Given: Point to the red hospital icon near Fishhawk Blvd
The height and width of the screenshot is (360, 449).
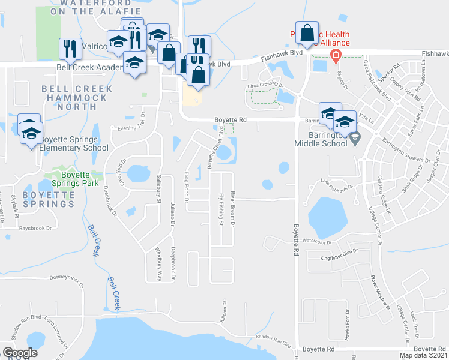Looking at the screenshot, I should point(335,56).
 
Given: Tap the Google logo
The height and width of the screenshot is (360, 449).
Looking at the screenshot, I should point(20,353).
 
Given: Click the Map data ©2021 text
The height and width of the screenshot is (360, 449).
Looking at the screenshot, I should point(423,355).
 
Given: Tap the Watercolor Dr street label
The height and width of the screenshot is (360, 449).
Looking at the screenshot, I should point(316,241).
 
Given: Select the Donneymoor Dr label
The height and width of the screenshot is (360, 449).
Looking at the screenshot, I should point(70,278).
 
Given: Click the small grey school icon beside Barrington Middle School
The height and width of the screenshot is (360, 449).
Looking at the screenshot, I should point(355,137).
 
